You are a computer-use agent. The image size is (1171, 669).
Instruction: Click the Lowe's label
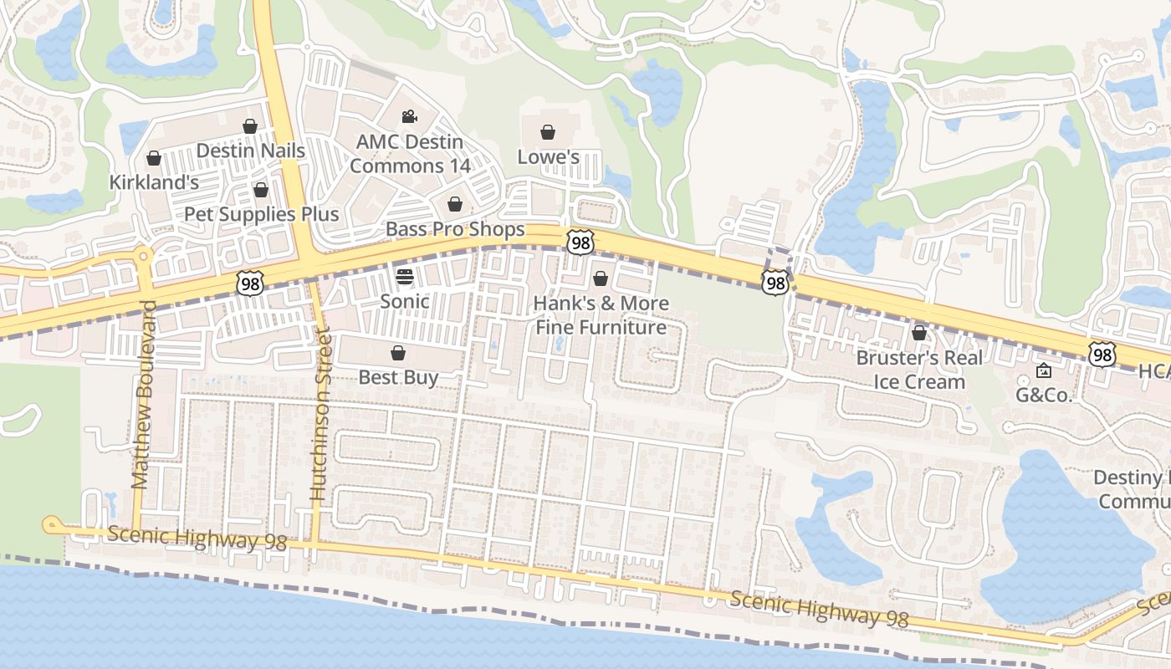pos(548,157)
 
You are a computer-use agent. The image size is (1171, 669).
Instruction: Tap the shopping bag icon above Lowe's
pos(548,132)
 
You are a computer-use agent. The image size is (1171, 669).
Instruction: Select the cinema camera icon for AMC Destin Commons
pos(409,117)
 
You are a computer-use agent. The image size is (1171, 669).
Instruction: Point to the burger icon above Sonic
pos(405,277)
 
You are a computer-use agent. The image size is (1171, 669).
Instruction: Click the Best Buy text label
pos(398,377)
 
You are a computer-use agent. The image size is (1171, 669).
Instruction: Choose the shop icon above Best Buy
pos(398,353)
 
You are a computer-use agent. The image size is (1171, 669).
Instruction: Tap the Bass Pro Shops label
pos(455,229)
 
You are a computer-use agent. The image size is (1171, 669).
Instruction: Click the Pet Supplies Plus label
pos(261,214)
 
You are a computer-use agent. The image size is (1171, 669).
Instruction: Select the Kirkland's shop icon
pos(154,158)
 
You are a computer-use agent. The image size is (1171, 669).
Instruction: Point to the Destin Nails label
pos(250,151)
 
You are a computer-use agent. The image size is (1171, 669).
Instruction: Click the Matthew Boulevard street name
pos(141,394)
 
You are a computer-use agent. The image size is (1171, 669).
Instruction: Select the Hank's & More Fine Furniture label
pos(601,314)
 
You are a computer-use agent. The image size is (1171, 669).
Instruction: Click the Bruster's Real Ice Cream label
pos(919,370)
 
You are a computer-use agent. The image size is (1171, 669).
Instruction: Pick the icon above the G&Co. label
pos(1044,370)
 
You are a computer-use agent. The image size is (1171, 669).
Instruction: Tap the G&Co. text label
pos(1044,396)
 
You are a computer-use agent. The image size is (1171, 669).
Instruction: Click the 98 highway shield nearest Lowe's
pos(580,242)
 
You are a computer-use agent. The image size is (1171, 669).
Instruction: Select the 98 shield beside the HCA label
pos(1102,355)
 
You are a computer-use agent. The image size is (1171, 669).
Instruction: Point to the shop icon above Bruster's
pos(919,333)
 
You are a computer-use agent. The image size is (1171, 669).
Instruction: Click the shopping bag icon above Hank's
pos(601,278)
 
